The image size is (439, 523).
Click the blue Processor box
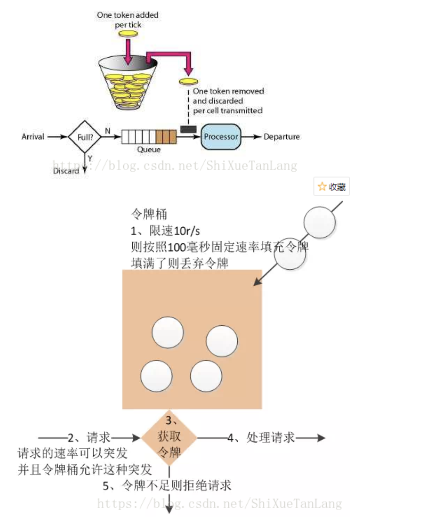(x=221, y=137)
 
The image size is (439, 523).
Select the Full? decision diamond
(x=85, y=137)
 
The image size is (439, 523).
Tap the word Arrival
(x=33, y=137)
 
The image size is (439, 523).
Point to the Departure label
(x=282, y=137)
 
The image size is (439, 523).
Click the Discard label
(x=66, y=171)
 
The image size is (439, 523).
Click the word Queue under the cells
(x=149, y=150)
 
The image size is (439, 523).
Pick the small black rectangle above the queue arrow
(x=188, y=129)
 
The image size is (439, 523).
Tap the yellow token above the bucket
(x=128, y=34)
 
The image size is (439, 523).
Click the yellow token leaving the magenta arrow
(x=188, y=82)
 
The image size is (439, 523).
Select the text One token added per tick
(x=128, y=20)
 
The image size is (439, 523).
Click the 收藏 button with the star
(x=331, y=187)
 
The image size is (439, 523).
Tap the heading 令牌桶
(x=149, y=214)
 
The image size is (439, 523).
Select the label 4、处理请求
(x=262, y=438)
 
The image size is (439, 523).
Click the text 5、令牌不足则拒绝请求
(x=167, y=486)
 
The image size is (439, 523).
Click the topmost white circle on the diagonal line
(x=320, y=222)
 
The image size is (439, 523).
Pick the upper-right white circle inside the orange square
(x=222, y=340)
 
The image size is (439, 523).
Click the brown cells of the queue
(x=166, y=137)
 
